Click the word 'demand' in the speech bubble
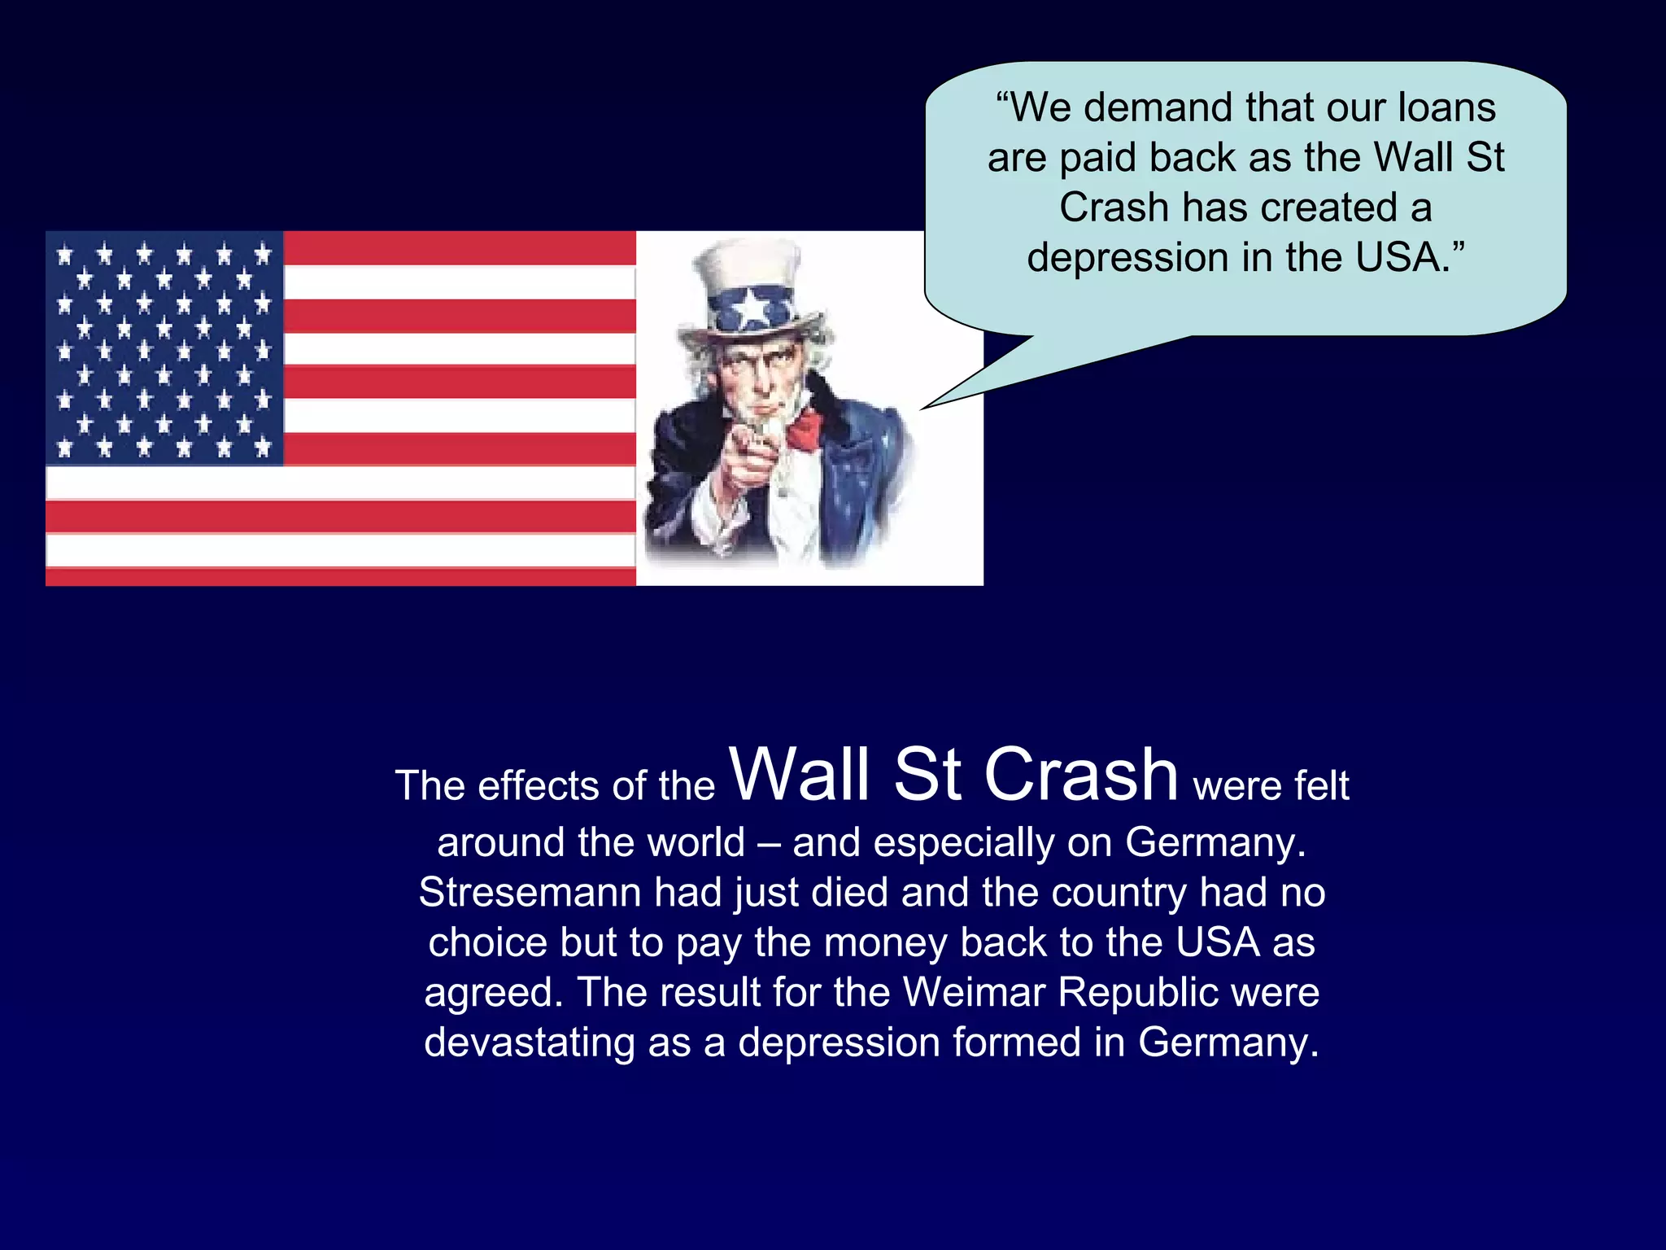coord(1158,108)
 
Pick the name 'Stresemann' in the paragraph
coord(530,893)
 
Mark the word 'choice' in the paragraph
coord(487,943)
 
